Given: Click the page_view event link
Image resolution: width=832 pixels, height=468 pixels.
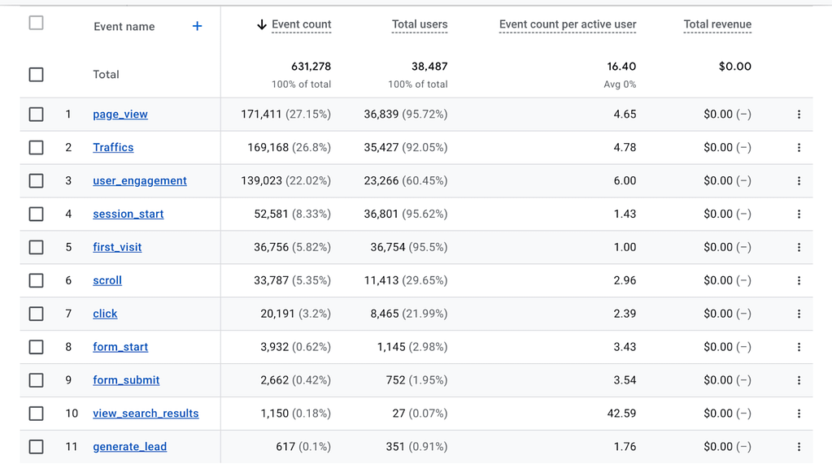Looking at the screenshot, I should click(120, 115).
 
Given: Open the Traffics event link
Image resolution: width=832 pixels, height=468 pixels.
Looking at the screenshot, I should click(113, 148).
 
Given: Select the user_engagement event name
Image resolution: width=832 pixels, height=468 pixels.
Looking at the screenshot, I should click(140, 181).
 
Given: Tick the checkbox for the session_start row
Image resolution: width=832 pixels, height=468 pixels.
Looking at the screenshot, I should click(36, 214).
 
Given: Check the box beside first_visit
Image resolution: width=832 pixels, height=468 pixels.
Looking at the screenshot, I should click(36, 248).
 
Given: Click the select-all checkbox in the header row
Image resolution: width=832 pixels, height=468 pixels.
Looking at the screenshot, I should click(36, 23).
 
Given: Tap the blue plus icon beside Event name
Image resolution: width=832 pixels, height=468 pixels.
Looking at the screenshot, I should click(197, 26).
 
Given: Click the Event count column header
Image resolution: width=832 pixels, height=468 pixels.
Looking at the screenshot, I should click(301, 24).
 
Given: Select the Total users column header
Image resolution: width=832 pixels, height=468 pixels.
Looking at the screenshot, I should click(420, 24).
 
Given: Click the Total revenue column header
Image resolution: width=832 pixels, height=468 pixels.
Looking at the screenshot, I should click(717, 24).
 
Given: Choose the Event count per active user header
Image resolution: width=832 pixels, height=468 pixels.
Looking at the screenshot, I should click(568, 24).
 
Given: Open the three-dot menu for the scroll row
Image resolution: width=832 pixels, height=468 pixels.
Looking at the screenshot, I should click(799, 280).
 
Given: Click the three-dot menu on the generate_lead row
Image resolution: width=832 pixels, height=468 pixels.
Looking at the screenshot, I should click(799, 447).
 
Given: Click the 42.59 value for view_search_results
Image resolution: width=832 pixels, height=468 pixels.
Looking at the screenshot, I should click(621, 414).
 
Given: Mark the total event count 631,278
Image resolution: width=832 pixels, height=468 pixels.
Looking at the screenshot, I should click(311, 67).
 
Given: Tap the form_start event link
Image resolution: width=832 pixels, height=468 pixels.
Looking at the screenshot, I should click(120, 347).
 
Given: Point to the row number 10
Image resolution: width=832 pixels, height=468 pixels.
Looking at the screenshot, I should click(72, 414).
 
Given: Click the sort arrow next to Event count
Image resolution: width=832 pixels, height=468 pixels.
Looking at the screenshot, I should click(262, 25).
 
